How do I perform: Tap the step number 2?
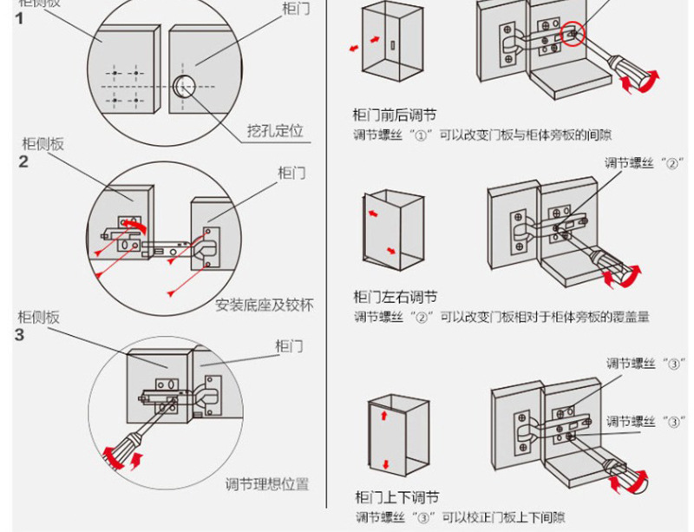click(x=23, y=161)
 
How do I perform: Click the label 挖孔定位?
click(x=275, y=132)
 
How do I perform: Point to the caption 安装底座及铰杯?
click(x=264, y=305)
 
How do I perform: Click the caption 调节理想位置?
click(x=267, y=484)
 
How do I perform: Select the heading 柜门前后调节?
click(x=395, y=115)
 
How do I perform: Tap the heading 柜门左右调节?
click(x=395, y=297)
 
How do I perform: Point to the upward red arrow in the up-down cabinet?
click(x=383, y=418)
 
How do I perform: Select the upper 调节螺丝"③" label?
click(x=641, y=364)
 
